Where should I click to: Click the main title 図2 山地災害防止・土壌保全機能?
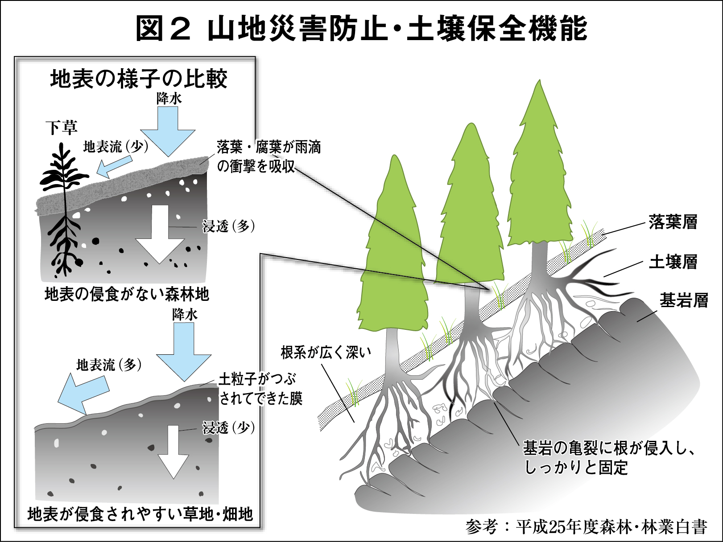click(361, 29)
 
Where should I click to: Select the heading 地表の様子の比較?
click(139, 79)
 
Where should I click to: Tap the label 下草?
click(62, 127)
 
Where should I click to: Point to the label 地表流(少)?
click(116, 147)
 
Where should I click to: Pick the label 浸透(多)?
click(228, 226)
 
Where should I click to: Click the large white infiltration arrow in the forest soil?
click(160, 234)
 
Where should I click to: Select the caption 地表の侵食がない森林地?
click(127, 294)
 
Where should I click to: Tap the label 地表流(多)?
click(109, 365)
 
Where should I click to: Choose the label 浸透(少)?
click(228, 428)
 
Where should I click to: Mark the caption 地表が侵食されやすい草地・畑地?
click(140, 514)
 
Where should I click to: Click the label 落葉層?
click(673, 222)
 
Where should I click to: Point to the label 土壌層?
click(673, 262)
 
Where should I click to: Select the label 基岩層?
click(684, 300)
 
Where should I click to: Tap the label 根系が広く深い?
click(326, 353)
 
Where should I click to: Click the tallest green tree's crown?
click(540, 178)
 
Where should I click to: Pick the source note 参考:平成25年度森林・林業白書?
click(587, 527)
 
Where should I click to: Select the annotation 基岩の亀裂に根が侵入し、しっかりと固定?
click(609, 457)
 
